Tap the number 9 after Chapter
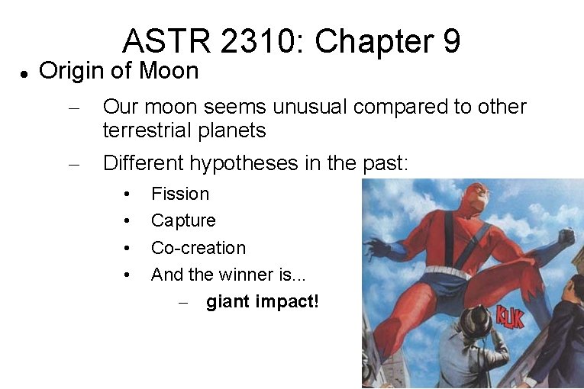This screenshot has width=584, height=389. tap(450, 41)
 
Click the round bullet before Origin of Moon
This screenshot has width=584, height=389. tap(24, 74)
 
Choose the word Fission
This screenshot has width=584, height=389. tap(179, 194)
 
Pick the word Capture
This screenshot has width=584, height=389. tap(183, 221)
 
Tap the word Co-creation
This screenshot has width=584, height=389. tap(198, 248)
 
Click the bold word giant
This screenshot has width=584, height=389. tap(227, 302)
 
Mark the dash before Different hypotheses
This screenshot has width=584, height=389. tap(74, 163)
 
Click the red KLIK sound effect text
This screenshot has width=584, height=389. tap(509, 315)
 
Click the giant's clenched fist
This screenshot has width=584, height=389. tap(566, 238)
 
